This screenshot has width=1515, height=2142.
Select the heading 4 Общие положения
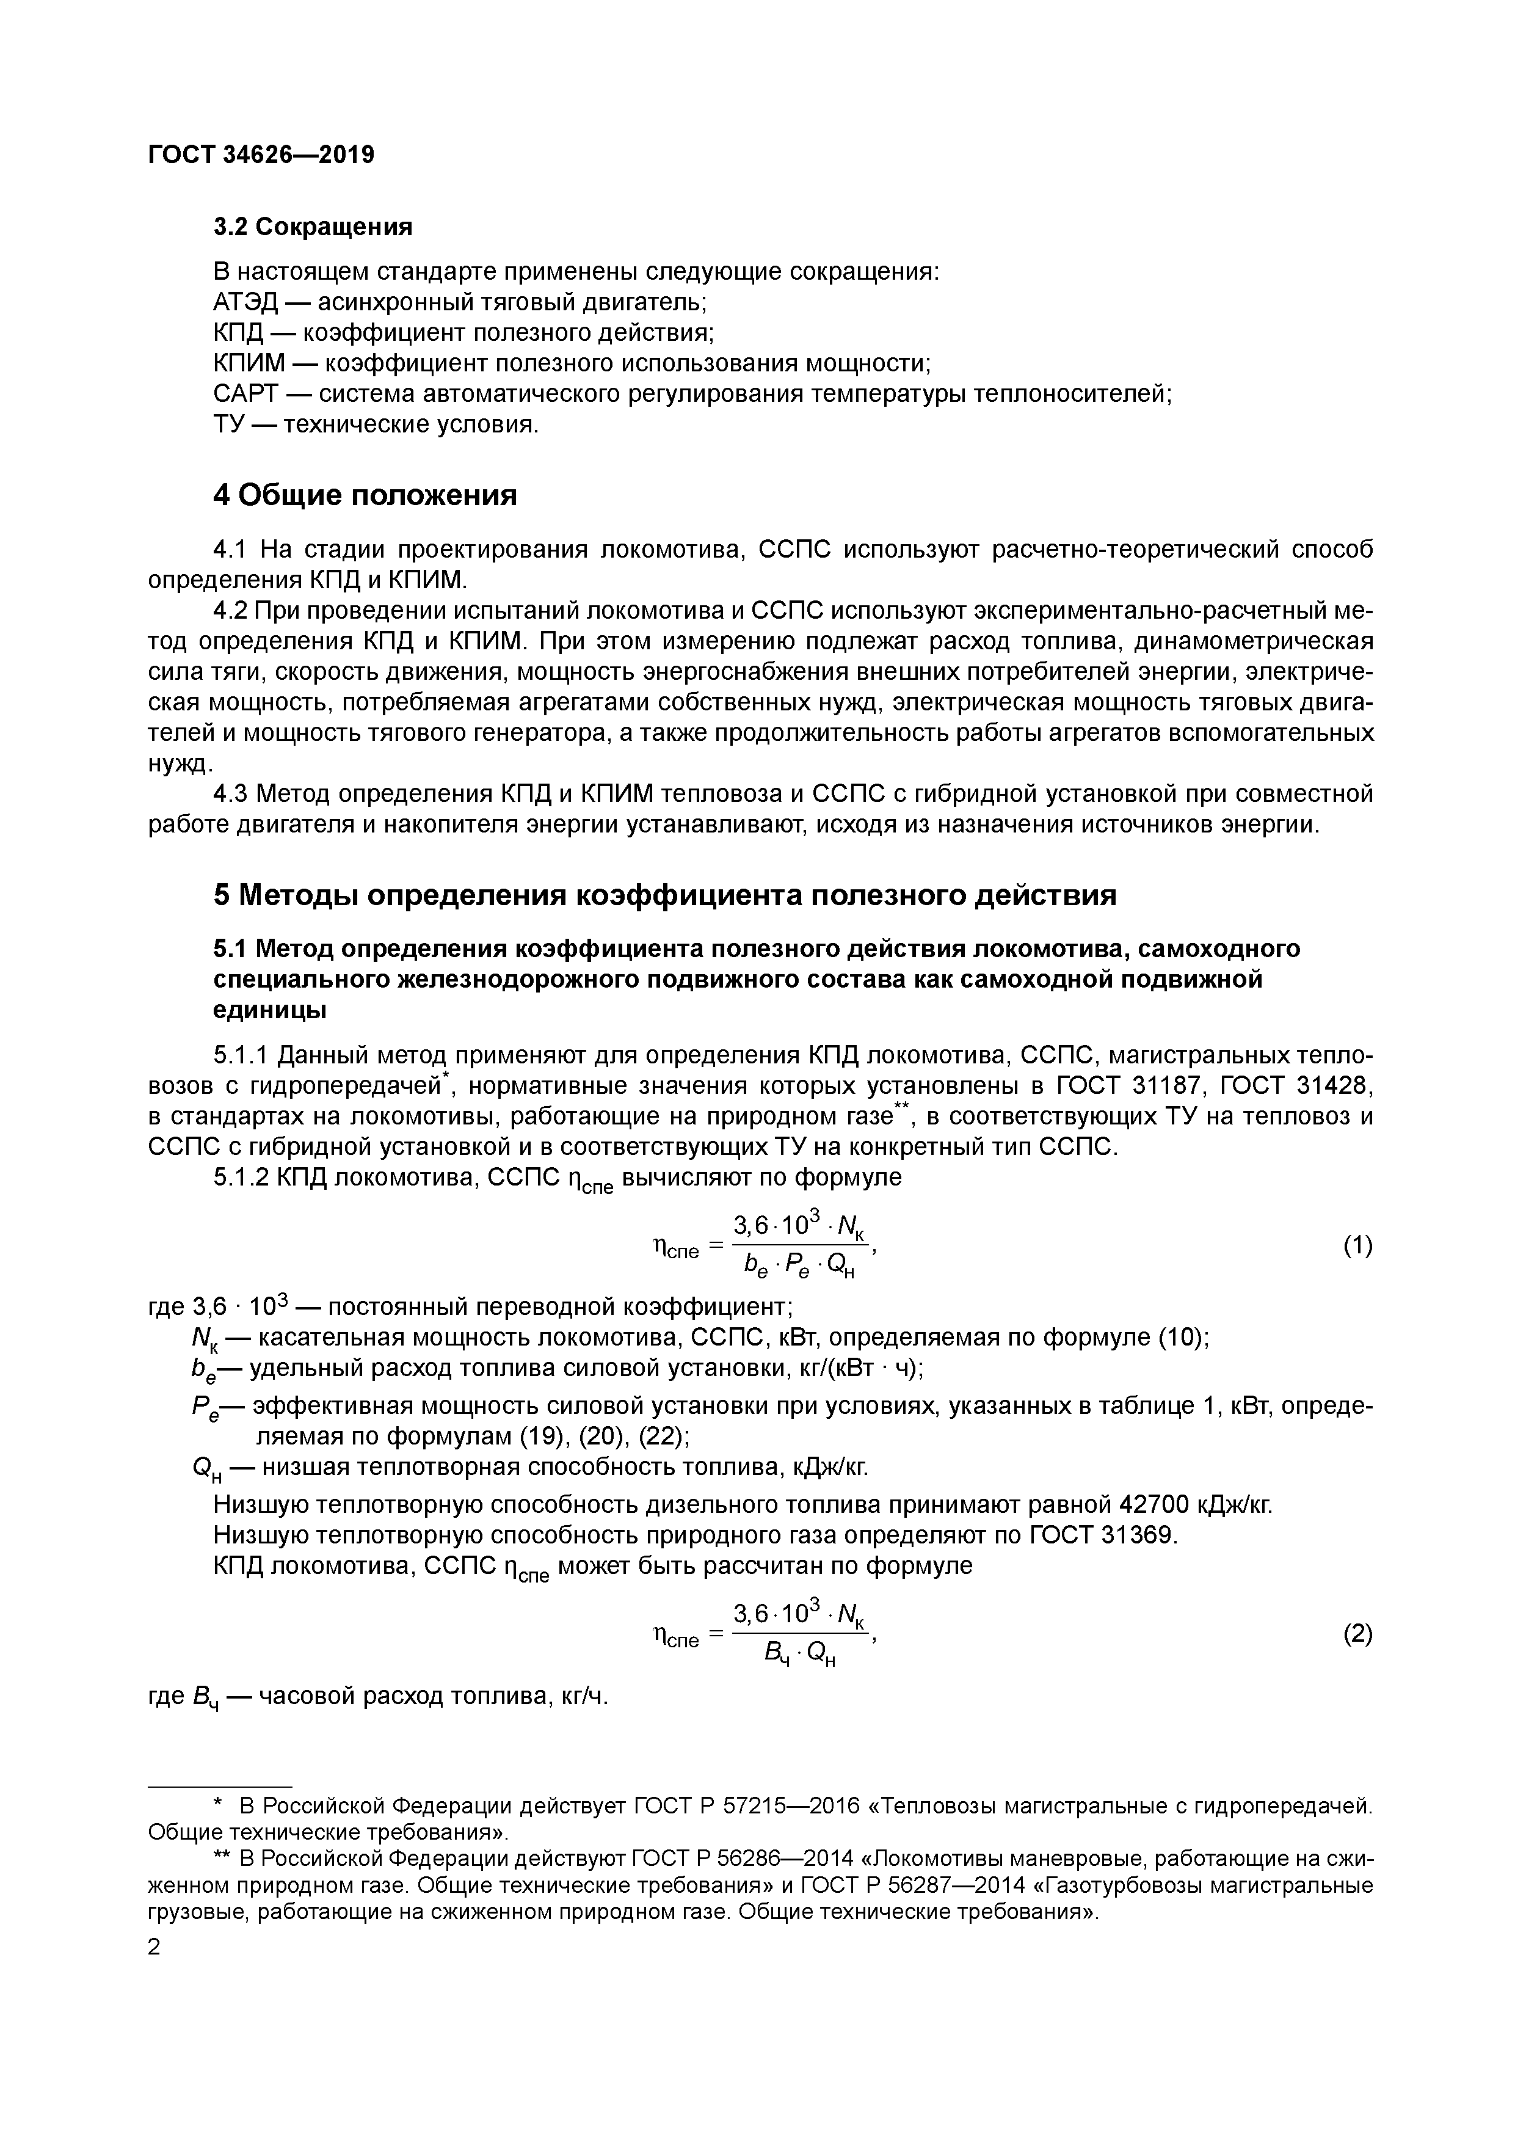click(x=365, y=495)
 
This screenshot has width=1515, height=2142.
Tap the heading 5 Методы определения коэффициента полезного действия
click(x=664, y=895)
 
